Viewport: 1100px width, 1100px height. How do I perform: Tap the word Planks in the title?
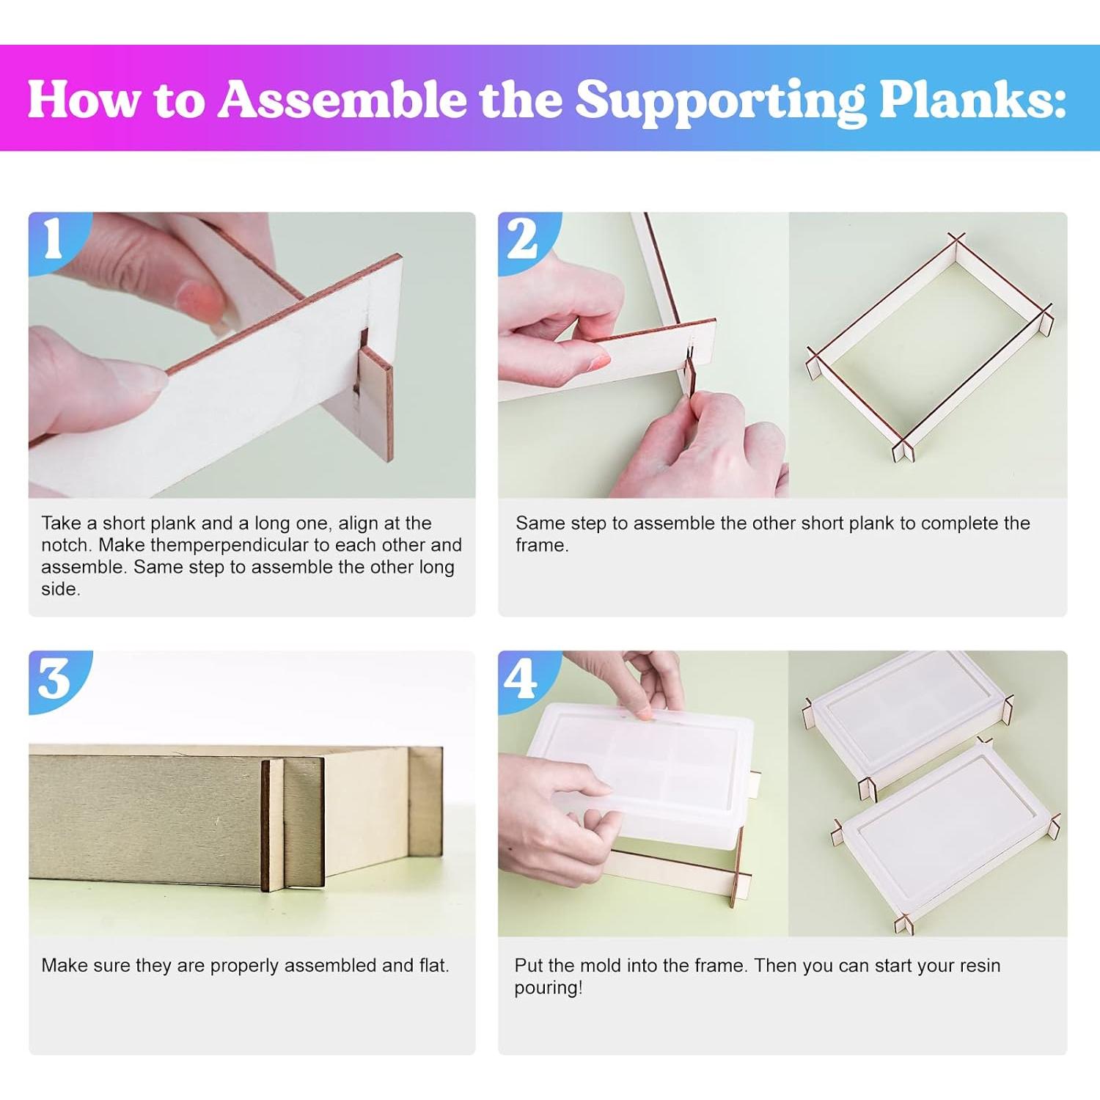972,99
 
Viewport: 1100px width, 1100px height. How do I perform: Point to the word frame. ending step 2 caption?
542,545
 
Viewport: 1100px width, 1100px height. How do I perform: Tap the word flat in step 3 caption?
433,965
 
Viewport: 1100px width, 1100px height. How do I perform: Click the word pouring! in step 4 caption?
549,988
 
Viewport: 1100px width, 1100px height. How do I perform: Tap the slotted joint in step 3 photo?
293,824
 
